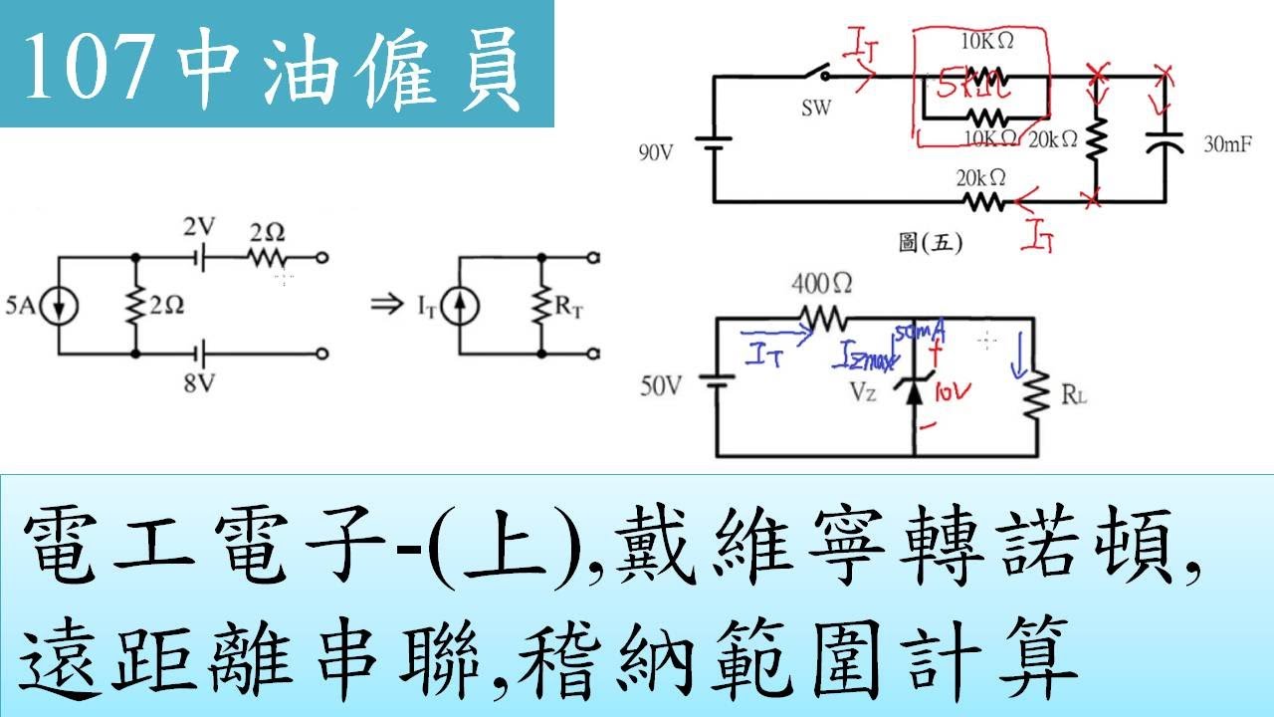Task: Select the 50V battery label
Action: [662, 386]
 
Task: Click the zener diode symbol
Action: [914, 388]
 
